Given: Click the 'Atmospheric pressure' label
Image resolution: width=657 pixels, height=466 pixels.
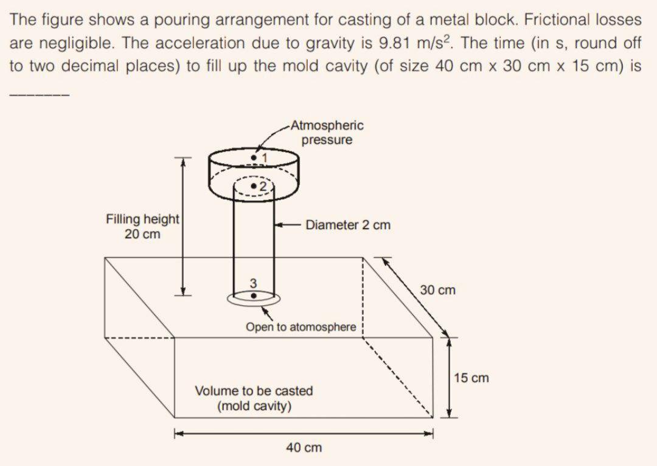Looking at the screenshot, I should pos(327,133).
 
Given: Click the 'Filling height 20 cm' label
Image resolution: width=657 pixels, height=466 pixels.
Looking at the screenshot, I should pos(142,226).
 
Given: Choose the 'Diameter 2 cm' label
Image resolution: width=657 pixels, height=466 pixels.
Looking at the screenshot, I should pos(348,225).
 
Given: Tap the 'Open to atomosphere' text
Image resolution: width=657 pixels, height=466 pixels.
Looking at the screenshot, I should pos(301,327).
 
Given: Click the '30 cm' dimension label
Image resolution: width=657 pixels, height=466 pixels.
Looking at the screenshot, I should pos(437,290).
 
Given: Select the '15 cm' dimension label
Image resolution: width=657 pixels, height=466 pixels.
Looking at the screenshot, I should pos(471,378).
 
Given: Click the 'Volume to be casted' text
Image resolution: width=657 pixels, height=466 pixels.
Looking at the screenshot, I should pos(254,390).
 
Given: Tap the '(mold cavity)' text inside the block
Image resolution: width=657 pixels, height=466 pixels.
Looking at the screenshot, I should pos(254,406).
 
